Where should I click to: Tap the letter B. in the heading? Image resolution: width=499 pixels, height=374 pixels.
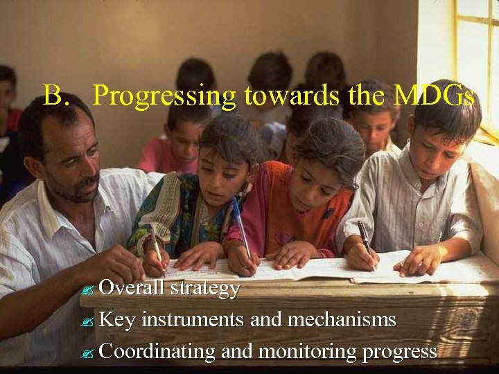pyautogui.click(x=57, y=95)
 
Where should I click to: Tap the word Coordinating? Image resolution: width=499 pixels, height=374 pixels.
pyautogui.click(x=157, y=352)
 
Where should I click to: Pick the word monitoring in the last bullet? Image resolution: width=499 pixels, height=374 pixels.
pyautogui.click(x=308, y=352)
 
